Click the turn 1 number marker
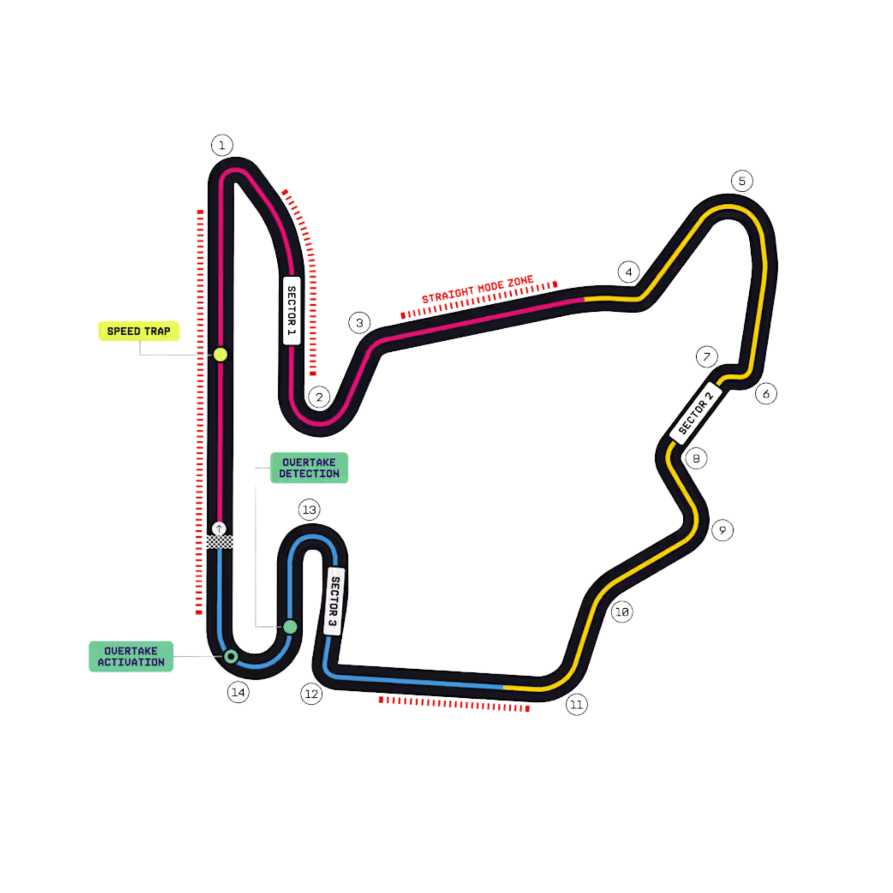tap(222, 146)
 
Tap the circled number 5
tap(742, 181)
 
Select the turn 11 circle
tap(577, 705)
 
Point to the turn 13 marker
tap(309, 510)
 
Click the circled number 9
tap(722, 530)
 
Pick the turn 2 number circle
tap(319, 397)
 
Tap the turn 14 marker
tap(238, 693)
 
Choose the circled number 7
tap(707, 357)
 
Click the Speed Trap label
tap(139, 331)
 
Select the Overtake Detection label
tap(309, 468)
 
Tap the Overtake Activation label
tap(131, 656)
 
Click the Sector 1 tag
tap(292, 311)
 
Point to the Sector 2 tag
tap(696, 413)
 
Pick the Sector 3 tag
tap(334, 601)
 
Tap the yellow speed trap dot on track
tap(220, 355)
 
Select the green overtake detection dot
tap(290, 627)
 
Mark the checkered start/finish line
tap(220, 542)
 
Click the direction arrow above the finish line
tap(219, 529)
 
